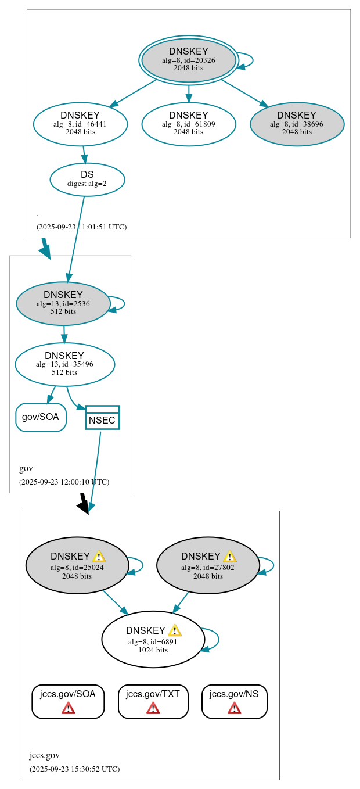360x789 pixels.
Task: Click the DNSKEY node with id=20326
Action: (x=188, y=60)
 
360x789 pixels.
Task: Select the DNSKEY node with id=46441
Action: (x=80, y=124)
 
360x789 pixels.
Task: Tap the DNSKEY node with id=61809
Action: (x=188, y=124)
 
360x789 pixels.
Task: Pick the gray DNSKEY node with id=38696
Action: (x=297, y=124)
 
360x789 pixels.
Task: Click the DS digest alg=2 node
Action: (x=87, y=179)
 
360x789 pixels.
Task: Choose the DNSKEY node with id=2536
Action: (x=63, y=303)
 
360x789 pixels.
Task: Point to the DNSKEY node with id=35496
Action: (x=64, y=364)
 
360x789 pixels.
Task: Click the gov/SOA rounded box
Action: (x=41, y=417)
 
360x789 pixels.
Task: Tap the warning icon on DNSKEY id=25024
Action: (x=99, y=557)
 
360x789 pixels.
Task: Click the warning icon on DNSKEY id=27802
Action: (x=229, y=557)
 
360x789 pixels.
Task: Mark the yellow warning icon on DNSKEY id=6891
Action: (x=175, y=631)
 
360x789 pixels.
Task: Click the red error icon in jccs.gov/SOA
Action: (x=68, y=708)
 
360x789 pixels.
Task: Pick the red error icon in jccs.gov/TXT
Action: (x=153, y=708)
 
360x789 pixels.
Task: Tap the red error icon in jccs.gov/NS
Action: (x=234, y=708)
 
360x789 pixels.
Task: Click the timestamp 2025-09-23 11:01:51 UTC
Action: (x=81, y=227)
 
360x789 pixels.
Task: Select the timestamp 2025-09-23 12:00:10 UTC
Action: (x=64, y=482)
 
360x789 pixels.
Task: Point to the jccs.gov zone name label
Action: (x=44, y=755)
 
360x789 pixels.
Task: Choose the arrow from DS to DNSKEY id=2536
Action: (x=76, y=238)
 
